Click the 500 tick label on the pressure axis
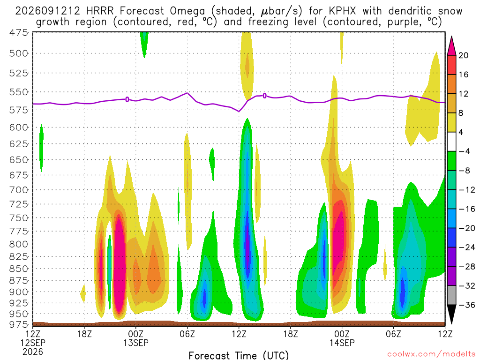click(19, 53)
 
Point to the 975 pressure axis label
click(19, 324)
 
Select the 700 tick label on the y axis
click(19, 190)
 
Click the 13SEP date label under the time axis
click(136, 343)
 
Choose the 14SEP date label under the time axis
click(342, 343)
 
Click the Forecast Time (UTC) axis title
click(239, 355)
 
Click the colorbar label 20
click(463, 55)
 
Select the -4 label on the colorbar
click(464, 151)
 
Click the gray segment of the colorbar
click(451, 295)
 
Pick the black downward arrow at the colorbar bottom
click(451, 314)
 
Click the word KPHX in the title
click(342, 11)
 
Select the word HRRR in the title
click(100, 11)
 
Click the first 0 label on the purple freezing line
click(127, 99)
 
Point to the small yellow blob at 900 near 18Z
click(82, 293)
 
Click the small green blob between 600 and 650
click(41, 148)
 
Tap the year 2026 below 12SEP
click(33, 352)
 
